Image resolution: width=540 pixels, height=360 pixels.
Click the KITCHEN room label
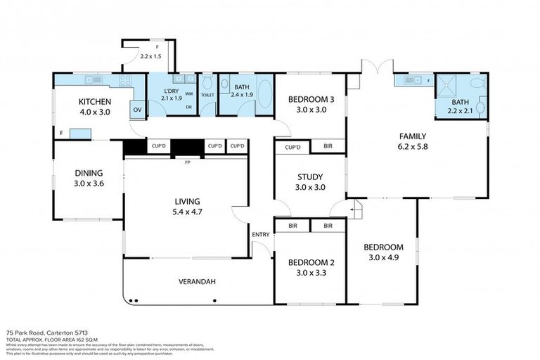click(94, 102)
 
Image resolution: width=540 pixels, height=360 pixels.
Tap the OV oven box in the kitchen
click(137, 110)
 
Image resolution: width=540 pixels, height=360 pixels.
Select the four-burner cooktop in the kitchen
click(125, 80)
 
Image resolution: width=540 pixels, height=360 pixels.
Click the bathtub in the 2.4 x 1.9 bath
click(264, 95)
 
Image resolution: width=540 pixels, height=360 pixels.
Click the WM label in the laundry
click(189, 94)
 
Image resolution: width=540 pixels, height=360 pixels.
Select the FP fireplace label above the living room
click(188, 162)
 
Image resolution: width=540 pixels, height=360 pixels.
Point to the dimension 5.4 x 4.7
click(186, 208)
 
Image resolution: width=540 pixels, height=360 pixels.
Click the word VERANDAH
click(196, 282)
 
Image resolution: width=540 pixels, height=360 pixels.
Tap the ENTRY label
click(260, 235)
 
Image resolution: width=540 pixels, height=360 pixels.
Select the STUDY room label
click(309, 178)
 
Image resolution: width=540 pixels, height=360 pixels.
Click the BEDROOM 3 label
click(310, 100)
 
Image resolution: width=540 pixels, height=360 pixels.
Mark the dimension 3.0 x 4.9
click(382, 257)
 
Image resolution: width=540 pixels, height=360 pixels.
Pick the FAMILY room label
click(412, 136)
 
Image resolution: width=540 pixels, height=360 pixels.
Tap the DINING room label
click(89, 173)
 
